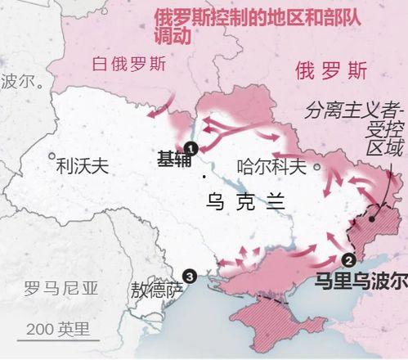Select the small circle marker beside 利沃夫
(53, 155)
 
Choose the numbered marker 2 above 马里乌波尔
(347, 261)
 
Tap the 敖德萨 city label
(156, 290)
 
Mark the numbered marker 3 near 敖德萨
(191, 277)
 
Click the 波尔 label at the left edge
(20, 81)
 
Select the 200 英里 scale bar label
(57, 329)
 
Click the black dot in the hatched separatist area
(371, 218)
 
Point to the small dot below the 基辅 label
(203, 176)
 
